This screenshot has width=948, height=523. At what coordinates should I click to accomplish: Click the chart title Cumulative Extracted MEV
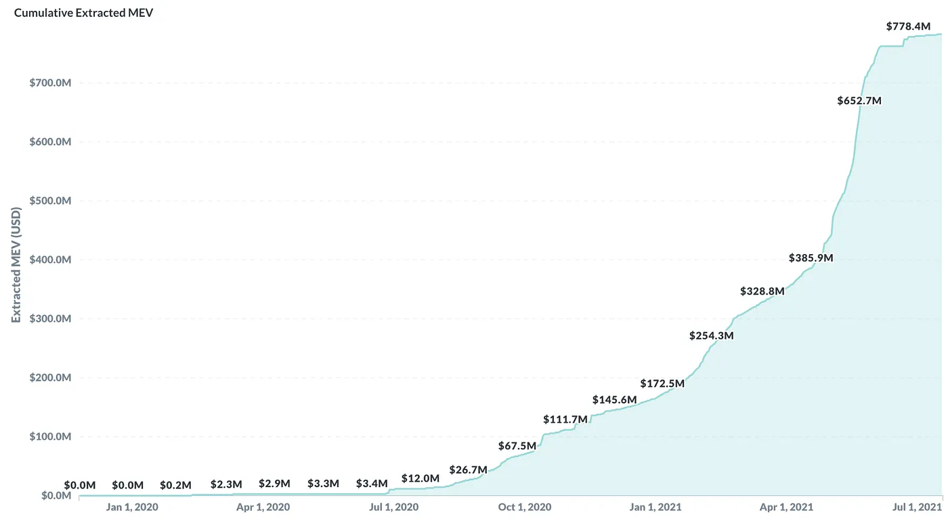(84, 13)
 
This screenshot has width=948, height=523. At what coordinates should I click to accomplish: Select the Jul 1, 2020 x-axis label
(394, 507)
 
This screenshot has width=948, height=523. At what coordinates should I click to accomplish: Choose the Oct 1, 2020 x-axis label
(525, 507)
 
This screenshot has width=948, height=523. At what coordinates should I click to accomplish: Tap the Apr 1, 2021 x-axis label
(786, 507)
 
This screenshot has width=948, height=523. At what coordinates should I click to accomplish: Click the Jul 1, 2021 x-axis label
(918, 507)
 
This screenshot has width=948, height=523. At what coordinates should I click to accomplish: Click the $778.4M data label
(908, 26)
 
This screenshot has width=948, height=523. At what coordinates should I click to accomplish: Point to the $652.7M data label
(859, 101)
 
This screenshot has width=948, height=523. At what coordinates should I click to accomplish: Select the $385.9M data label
(811, 258)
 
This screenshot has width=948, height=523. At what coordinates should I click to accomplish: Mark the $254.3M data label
(711, 335)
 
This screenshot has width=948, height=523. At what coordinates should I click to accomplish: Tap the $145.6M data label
(614, 400)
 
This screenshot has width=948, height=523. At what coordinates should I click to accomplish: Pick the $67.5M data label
(517, 446)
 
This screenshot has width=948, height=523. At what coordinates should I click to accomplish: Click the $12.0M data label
(420, 478)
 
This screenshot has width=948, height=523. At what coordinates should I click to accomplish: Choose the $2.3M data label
(226, 484)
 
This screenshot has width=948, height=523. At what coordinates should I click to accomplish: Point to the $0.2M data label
(176, 485)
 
